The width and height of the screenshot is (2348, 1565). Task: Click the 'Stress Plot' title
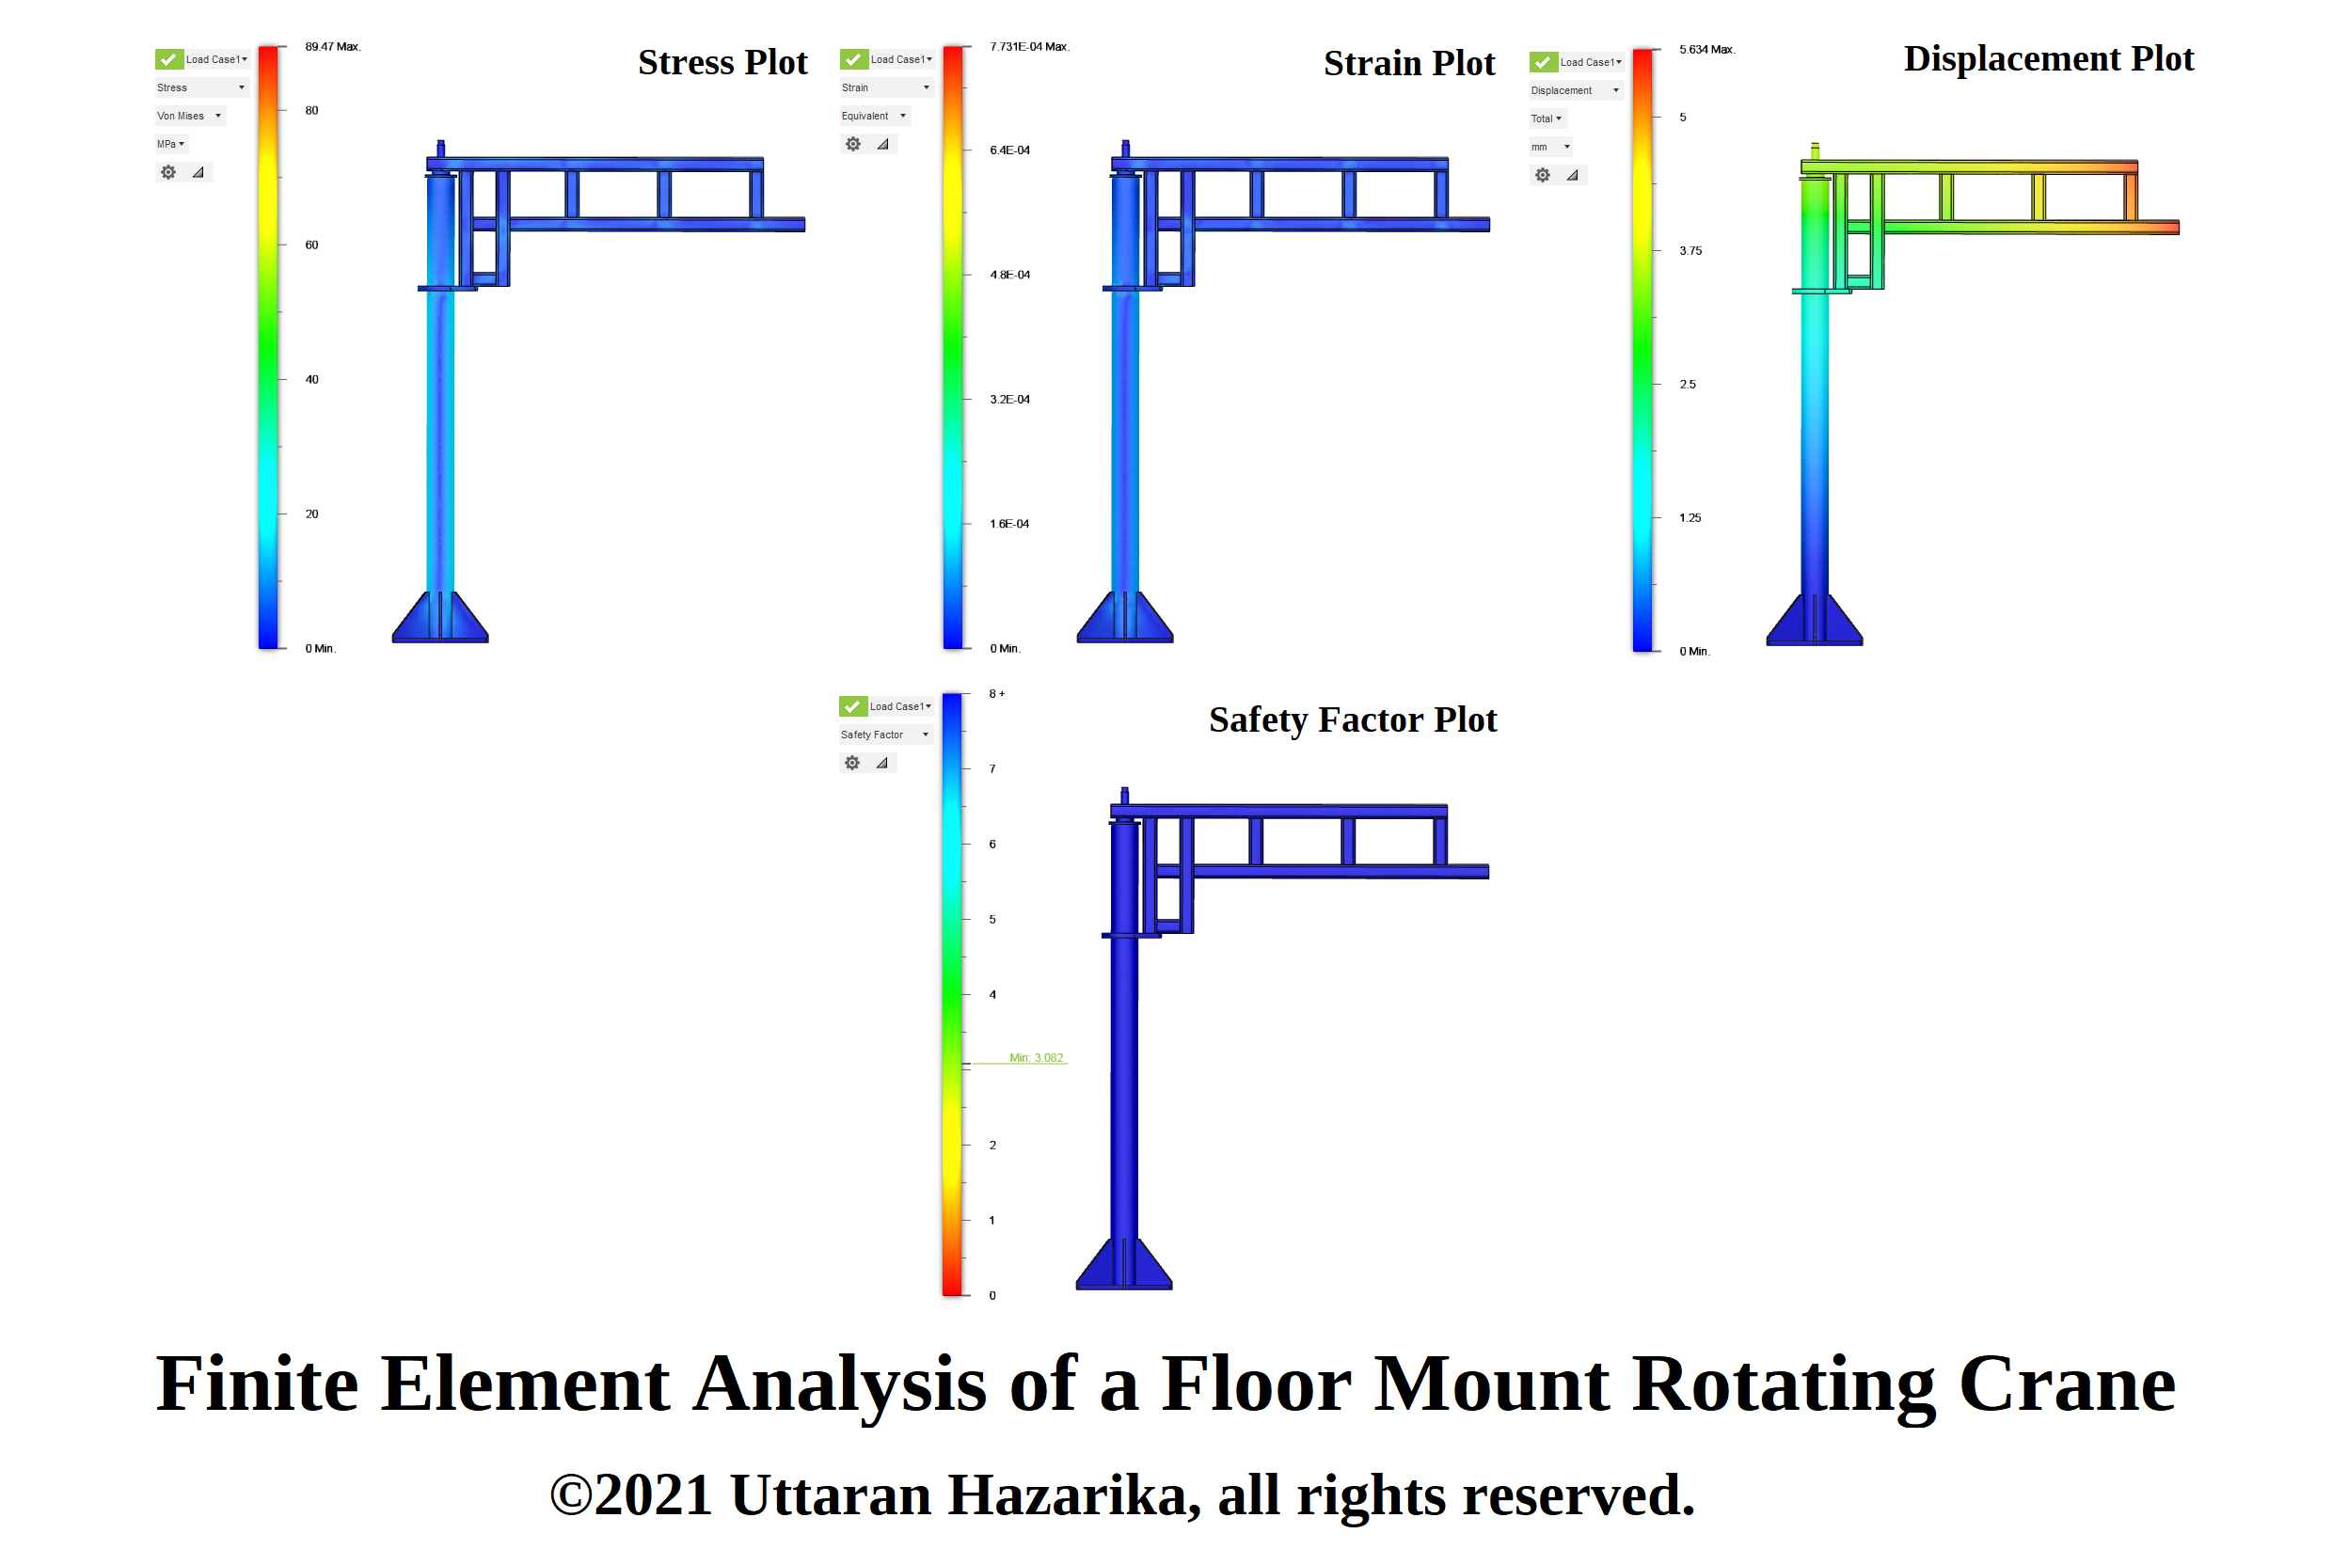tap(722, 62)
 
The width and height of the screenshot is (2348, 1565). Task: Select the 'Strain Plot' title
tap(1408, 63)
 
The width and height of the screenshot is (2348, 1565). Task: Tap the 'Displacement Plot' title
tap(2048, 58)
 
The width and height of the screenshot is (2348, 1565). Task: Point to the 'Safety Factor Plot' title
tap(1352, 719)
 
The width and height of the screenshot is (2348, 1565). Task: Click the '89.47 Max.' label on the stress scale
tap(332, 47)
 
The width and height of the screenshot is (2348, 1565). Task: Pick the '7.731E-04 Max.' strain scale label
tap(1028, 47)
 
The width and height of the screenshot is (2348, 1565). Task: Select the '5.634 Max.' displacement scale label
tap(1706, 49)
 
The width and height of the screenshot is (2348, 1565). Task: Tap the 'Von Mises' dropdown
tap(189, 116)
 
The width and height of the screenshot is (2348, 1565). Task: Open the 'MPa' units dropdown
tap(170, 144)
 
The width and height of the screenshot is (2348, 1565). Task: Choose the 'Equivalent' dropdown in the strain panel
tap(874, 116)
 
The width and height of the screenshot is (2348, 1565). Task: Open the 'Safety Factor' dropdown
tap(884, 735)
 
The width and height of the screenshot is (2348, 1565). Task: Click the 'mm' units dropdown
tap(1550, 147)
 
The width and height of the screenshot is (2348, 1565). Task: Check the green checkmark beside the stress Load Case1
tap(168, 59)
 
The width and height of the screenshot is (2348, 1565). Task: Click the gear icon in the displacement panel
tap(1543, 175)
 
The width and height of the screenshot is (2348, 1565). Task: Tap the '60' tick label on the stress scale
tap(311, 245)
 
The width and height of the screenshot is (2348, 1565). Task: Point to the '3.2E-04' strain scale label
tap(1009, 399)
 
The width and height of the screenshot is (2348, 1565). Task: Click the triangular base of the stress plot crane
tap(440, 619)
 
